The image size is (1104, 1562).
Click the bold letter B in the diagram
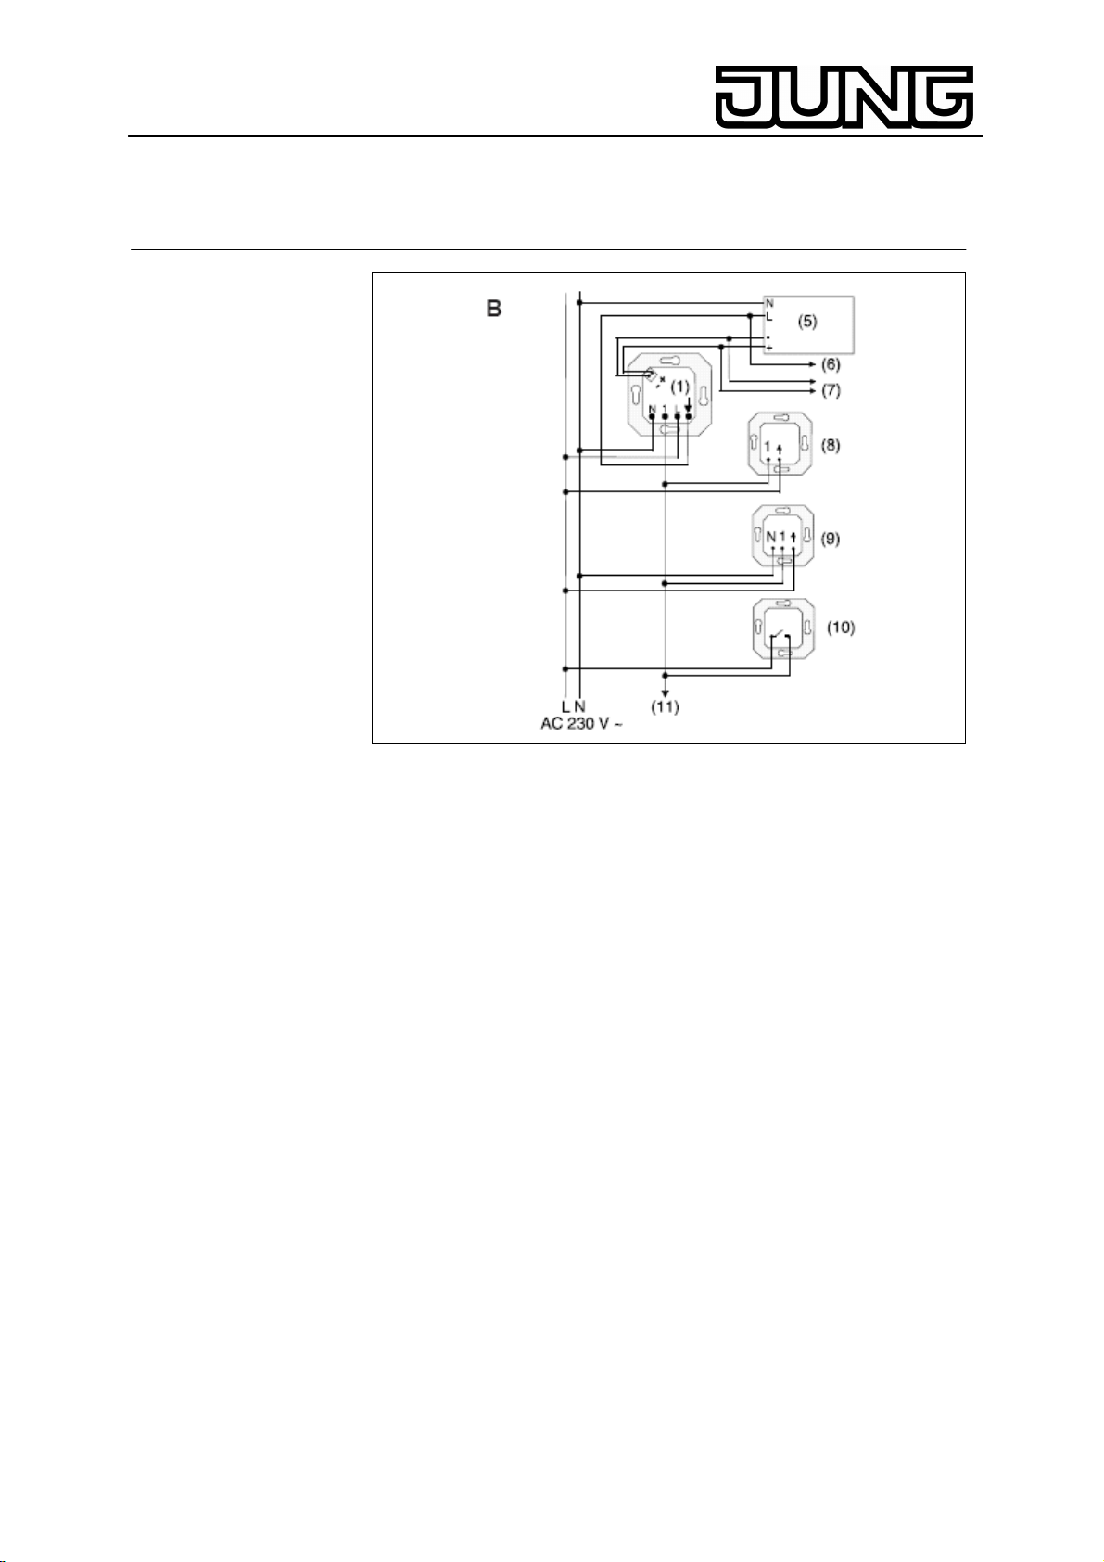point(495,310)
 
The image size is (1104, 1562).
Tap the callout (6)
point(831,365)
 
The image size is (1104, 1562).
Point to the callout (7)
point(831,390)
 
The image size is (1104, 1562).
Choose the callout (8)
point(831,445)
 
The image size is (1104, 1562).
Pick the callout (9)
point(831,538)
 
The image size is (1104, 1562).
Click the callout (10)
point(841,628)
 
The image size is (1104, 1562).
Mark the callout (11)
point(665,707)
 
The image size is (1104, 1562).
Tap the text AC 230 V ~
point(581,724)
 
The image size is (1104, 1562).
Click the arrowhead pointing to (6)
point(812,365)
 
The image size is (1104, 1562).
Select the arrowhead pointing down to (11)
point(665,692)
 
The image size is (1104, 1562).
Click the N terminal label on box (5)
point(768,303)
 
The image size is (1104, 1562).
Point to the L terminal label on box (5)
point(768,317)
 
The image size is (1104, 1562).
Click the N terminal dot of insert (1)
point(653,418)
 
